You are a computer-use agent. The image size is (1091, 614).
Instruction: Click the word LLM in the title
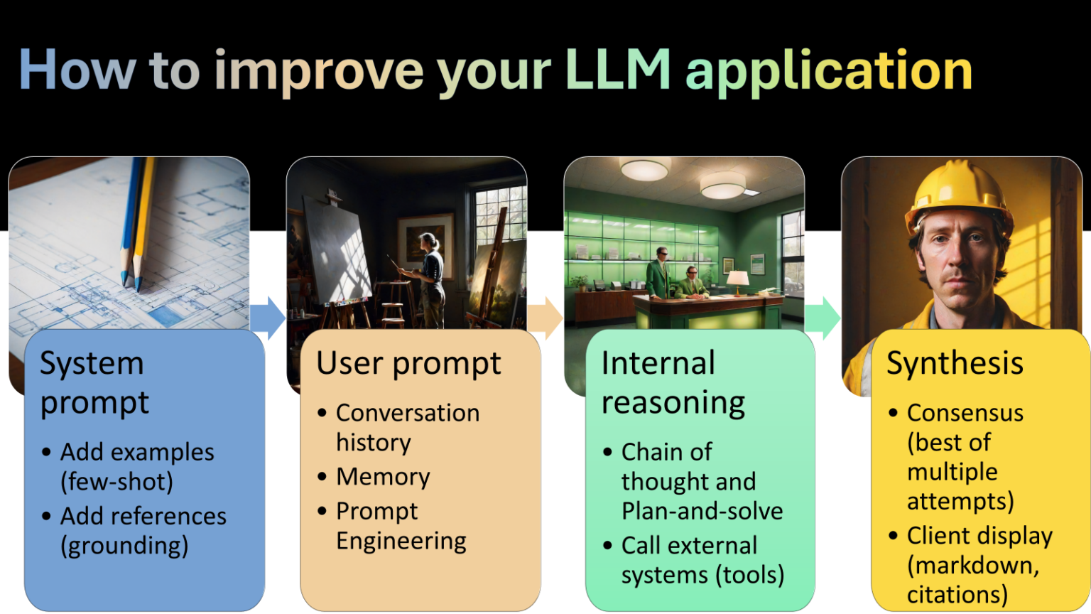click(617, 70)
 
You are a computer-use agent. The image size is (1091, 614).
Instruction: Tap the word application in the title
click(828, 72)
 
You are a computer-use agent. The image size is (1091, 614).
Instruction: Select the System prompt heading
click(93, 382)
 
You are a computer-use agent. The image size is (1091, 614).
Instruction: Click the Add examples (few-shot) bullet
click(136, 467)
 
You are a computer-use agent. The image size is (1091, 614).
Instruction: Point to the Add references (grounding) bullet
click(143, 530)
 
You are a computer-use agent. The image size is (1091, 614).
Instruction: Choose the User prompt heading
click(408, 363)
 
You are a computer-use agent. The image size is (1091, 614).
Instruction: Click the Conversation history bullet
click(407, 427)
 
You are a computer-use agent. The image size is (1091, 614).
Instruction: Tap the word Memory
click(383, 477)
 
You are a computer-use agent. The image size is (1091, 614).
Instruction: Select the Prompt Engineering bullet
click(401, 526)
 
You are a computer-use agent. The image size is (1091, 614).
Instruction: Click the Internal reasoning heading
click(672, 382)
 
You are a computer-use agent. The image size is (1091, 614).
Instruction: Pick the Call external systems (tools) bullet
click(702, 560)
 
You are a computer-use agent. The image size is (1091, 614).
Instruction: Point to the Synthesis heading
click(955, 363)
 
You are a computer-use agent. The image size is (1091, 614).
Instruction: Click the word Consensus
click(965, 413)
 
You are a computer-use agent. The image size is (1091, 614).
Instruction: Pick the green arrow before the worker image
click(822, 318)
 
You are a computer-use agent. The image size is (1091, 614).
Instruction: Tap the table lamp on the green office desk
click(738, 280)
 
